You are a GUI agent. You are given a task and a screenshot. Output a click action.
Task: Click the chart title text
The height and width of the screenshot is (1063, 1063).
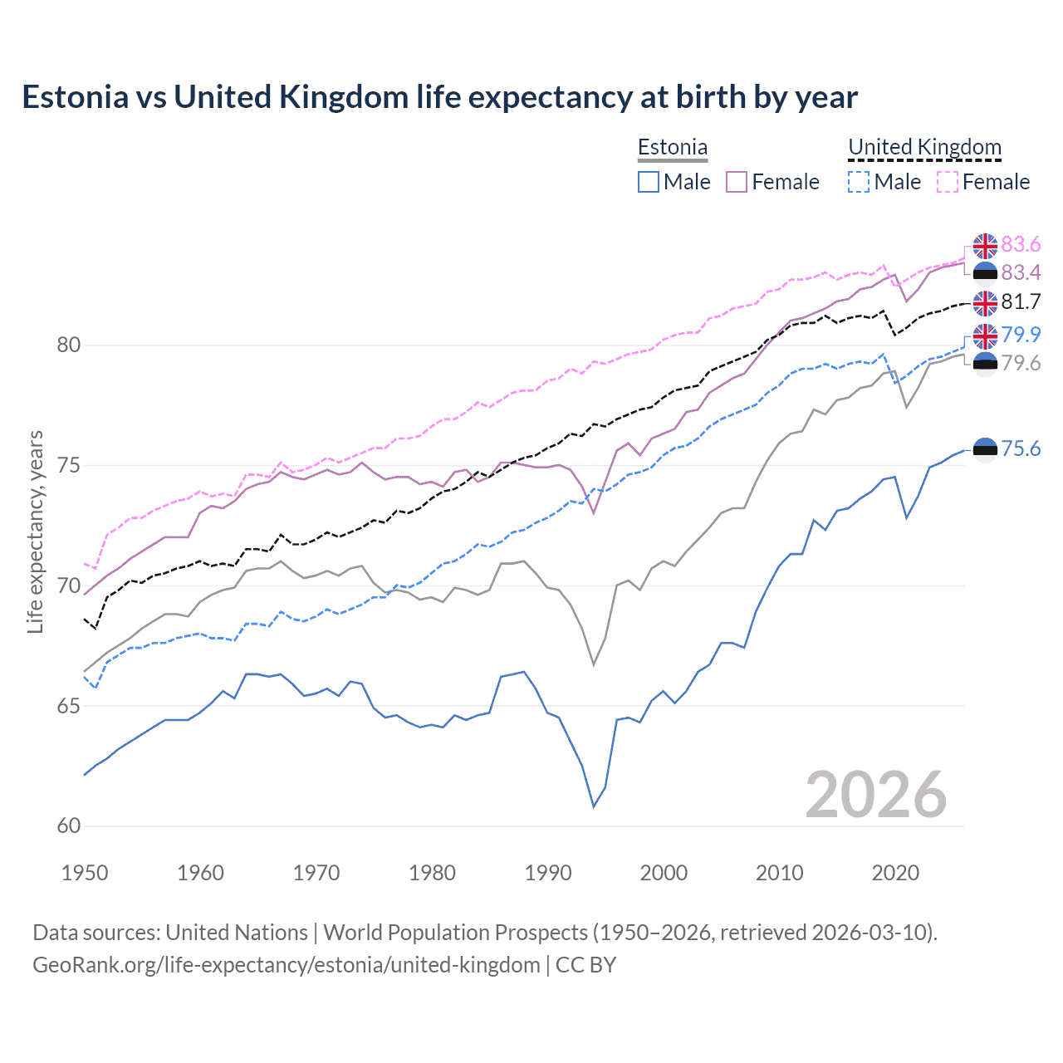(439, 97)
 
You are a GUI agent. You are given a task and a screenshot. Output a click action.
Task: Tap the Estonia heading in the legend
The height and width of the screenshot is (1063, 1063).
(672, 147)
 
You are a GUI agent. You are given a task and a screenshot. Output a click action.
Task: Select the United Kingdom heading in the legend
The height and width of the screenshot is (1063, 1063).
(924, 147)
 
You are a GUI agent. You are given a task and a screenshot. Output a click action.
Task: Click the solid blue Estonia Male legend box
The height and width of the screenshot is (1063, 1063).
(649, 182)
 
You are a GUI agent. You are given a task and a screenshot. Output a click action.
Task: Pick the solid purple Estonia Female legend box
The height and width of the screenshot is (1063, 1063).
(737, 182)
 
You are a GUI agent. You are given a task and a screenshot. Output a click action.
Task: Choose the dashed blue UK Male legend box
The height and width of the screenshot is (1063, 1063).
(859, 182)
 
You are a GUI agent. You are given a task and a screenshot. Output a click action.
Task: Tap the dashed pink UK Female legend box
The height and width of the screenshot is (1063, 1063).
(948, 182)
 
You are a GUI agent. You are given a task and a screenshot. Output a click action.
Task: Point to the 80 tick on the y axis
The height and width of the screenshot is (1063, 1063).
(69, 345)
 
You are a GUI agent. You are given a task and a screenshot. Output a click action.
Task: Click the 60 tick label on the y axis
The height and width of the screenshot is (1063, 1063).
(69, 825)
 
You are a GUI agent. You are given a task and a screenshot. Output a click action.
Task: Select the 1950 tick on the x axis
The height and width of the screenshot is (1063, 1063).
(85, 873)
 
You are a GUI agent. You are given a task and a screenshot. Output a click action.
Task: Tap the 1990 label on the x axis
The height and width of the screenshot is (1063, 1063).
(548, 873)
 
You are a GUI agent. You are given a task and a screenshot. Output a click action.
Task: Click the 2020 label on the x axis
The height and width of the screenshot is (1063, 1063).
(895, 873)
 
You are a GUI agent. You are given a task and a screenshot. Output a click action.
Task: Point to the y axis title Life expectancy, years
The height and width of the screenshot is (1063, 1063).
(35, 531)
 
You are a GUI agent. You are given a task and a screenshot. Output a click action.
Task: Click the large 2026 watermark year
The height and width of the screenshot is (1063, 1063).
(875, 795)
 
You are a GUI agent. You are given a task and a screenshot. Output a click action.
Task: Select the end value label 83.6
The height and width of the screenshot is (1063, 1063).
(1021, 244)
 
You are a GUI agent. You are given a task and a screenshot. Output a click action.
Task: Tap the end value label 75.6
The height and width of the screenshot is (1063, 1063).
(1021, 448)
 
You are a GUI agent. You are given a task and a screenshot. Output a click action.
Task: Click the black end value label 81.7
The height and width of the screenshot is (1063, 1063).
(1021, 301)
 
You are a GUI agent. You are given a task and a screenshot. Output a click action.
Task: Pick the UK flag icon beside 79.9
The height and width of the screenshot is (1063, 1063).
(985, 336)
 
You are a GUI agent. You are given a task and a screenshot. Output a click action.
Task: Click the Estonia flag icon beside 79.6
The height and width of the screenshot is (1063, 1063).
(985, 364)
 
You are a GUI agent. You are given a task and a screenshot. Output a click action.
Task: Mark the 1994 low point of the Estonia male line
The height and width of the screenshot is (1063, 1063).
(594, 806)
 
